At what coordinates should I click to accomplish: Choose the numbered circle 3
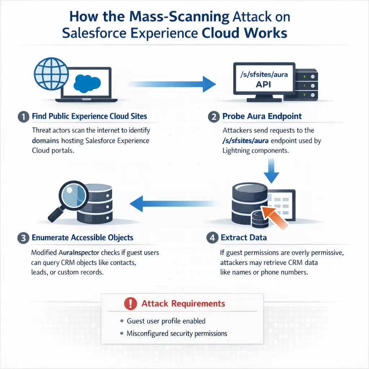point(23,238)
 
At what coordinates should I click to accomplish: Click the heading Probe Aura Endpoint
point(262,116)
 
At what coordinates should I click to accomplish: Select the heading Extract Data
point(244,238)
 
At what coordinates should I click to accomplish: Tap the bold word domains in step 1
point(46,141)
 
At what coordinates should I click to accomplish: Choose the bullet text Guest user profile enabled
point(166,321)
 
